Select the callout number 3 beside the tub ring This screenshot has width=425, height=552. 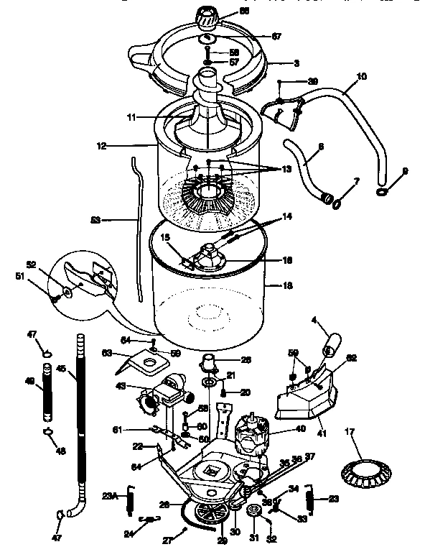276,63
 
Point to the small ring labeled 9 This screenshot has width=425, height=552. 383,192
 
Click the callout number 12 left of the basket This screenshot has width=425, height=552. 102,145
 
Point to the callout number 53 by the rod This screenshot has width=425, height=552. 95,220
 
